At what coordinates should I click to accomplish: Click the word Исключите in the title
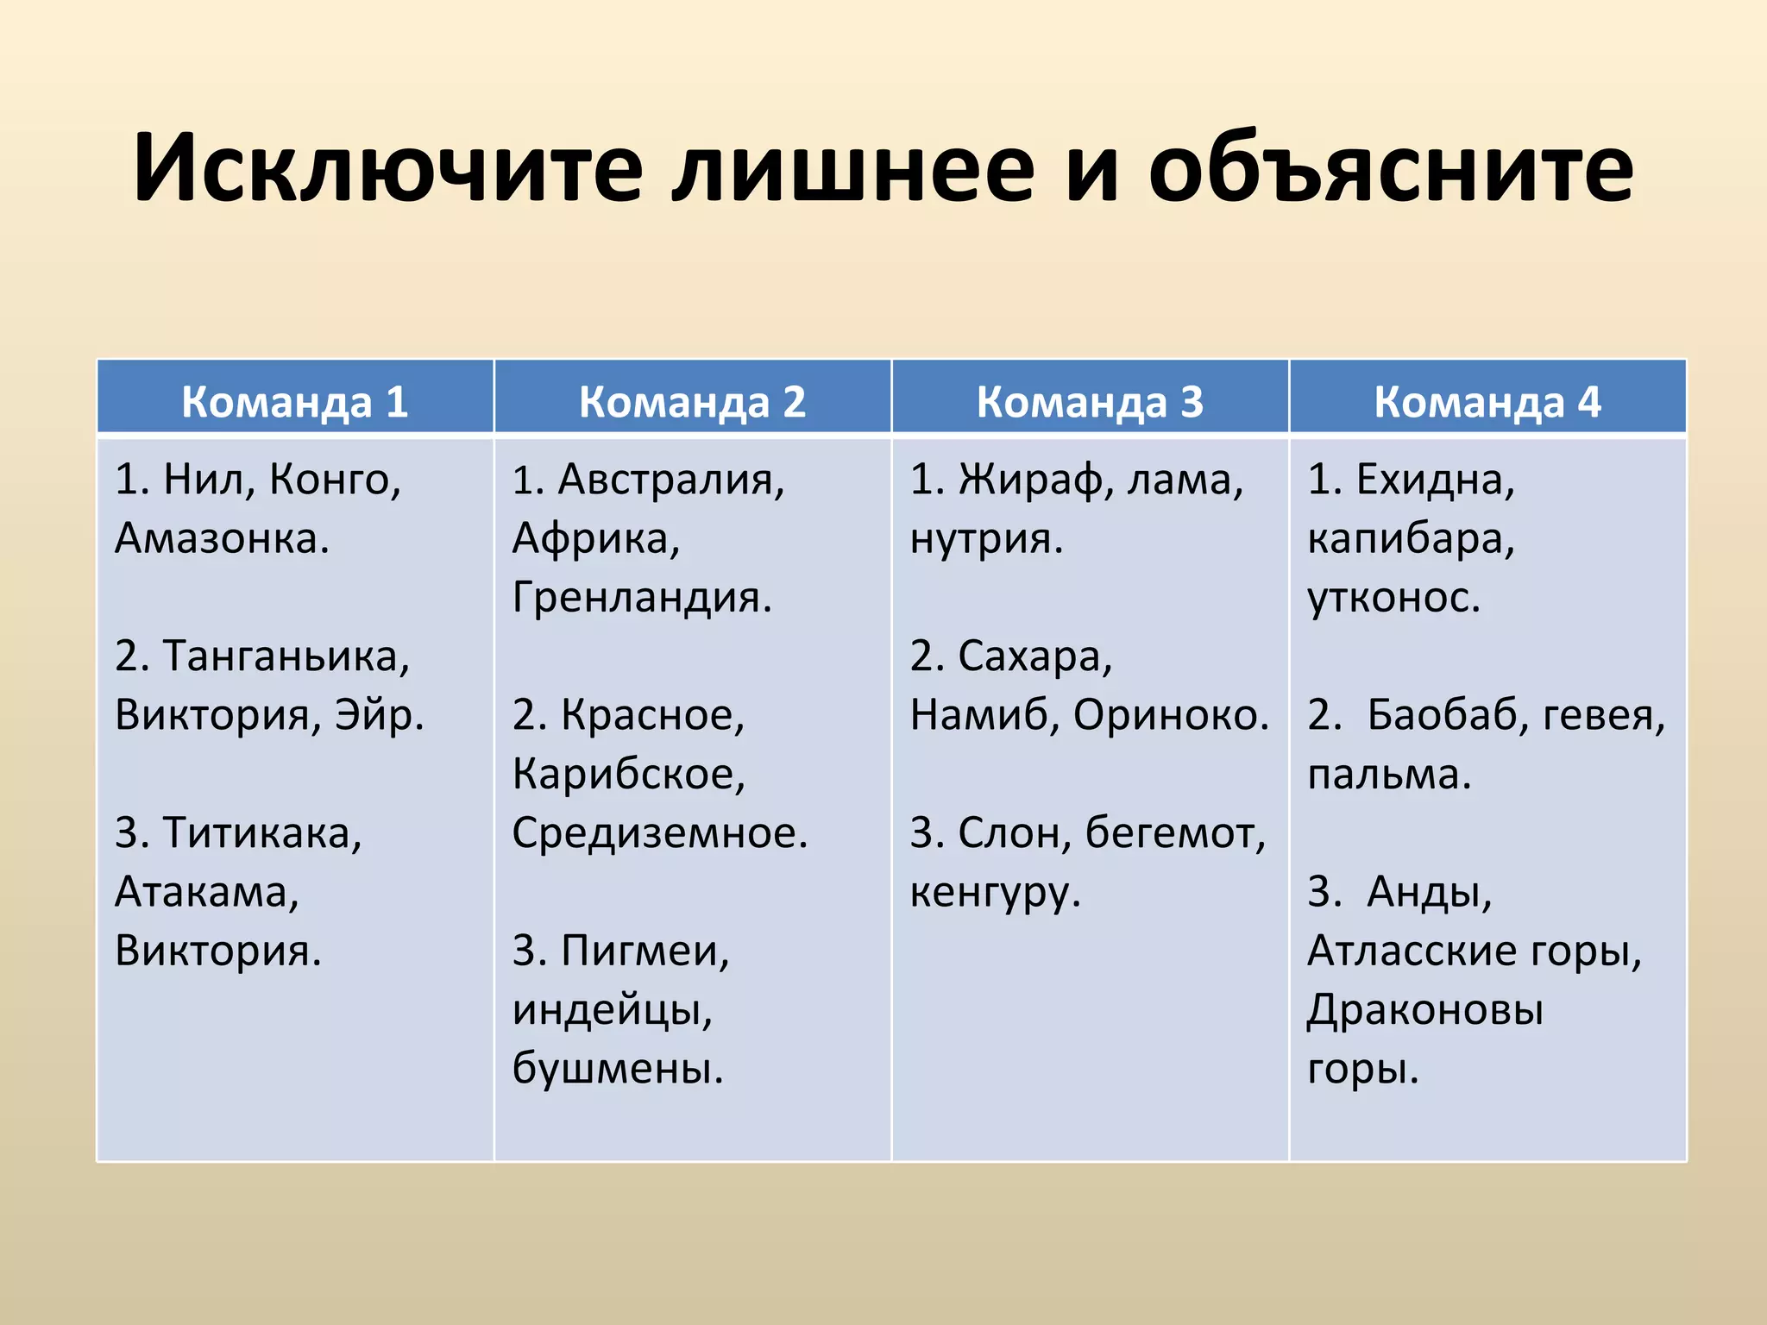pos(388,168)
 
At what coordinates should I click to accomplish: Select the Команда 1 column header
pos(295,401)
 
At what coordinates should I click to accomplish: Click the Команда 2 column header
pos(692,401)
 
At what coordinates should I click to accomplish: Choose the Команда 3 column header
pos(1090,401)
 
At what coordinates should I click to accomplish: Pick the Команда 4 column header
pos(1487,401)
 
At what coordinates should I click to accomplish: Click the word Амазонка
pos(222,538)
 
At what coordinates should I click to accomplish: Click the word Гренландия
pos(642,597)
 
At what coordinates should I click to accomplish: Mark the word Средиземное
pos(659,833)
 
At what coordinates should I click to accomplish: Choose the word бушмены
pos(617,1069)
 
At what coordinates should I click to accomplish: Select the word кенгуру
pos(995,892)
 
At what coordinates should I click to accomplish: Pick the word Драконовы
pos(1424,1010)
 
